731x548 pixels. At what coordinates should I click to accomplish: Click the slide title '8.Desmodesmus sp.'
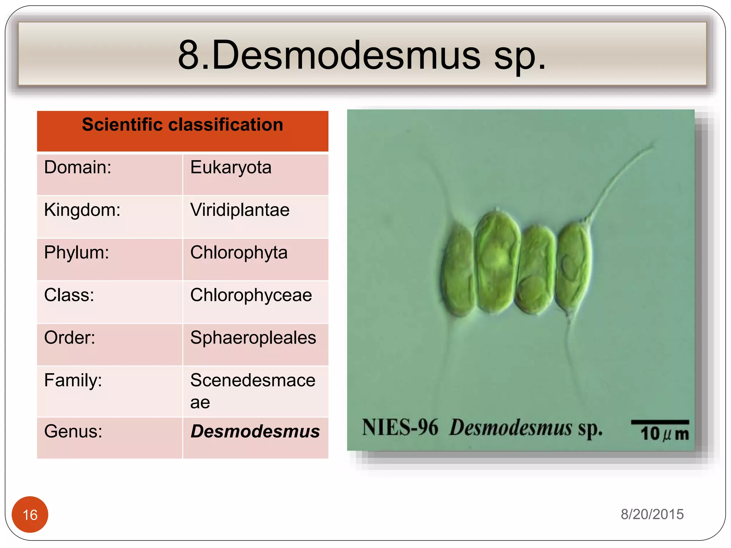tap(362, 55)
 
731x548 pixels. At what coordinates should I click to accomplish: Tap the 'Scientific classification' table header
tap(182, 125)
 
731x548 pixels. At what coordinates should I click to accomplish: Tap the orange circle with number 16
tap(30, 514)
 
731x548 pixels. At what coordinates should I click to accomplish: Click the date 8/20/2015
tap(652, 514)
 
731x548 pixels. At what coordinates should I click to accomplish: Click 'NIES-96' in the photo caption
tap(400, 427)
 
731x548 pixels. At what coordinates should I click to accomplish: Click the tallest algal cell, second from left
tap(497, 262)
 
